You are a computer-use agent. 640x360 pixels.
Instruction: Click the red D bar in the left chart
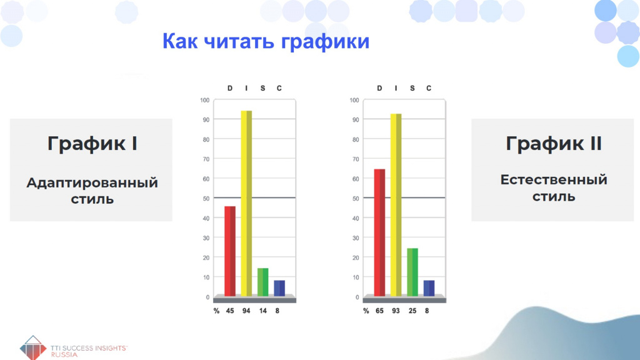point(230,251)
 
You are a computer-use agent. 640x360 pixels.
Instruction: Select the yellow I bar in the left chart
point(246,203)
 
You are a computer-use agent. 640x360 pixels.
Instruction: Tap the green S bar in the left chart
point(263,282)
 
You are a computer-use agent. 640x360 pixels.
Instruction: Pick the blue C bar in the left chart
point(279,288)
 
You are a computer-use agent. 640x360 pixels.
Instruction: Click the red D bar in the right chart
point(379,232)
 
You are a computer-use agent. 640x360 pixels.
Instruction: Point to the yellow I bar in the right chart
point(396,205)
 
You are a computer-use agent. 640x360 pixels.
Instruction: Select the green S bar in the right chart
point(412,272)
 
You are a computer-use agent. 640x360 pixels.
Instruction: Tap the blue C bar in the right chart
point(429,288)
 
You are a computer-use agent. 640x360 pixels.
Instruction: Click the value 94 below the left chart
point(246,311)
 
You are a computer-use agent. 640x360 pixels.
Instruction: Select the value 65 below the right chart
point(379,311)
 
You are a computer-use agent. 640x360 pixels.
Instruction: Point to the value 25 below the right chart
point(412,311)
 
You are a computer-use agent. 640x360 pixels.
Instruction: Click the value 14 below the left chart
point(263,311)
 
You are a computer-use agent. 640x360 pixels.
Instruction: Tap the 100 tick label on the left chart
point(205,100)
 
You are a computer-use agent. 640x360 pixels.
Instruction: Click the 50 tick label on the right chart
point(356,199)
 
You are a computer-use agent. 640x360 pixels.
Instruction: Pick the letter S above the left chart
point(263,88)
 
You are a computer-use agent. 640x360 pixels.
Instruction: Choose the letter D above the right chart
point(379,88)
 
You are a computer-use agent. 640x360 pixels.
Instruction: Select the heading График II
point(554,144)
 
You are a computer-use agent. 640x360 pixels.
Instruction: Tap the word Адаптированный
point(92,182)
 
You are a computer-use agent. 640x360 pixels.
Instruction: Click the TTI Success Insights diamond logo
point(33,347)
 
